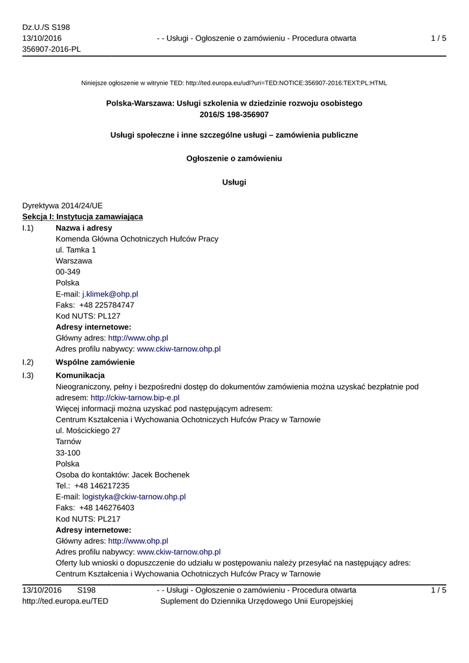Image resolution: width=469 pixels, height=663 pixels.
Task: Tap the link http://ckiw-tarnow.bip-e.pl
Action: click(135, 398)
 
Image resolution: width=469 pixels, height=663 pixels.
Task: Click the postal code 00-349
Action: click(68, 272)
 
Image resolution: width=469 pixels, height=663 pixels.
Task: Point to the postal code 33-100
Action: click(68, 453)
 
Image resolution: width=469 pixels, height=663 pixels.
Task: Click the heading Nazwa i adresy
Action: click(83, 228)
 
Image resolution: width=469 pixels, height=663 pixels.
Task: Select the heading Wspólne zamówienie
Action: click(95, 362)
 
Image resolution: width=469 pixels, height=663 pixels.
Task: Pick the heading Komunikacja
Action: click(80, 376)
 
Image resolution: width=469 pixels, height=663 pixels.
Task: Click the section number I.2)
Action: click(28, 362)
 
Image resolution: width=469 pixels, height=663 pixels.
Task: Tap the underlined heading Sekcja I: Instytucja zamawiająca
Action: click(83, 216)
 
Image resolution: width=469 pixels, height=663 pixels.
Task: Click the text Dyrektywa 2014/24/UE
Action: click(63, 205)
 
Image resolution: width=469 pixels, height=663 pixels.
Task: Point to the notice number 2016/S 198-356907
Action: click(234, 114)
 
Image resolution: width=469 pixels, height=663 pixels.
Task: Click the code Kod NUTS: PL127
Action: click(88, 316)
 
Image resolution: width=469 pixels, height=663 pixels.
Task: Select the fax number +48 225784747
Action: click(107, 305)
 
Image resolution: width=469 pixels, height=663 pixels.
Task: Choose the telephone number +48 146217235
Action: click(102, 486)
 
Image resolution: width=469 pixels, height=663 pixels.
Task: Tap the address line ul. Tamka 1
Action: click(76, 250)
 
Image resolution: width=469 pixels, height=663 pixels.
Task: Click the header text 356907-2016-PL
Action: click(52, 49)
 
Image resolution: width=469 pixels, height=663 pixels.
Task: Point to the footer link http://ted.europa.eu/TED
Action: click(65, 601)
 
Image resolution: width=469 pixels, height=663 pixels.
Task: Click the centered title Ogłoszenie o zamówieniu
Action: click(234, 158)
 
